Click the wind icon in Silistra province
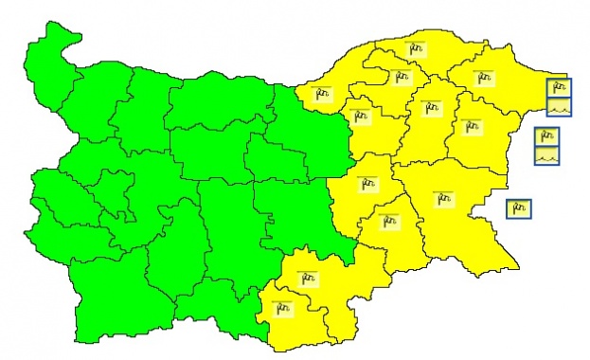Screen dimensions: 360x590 418,47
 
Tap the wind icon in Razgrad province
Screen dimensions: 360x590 401,77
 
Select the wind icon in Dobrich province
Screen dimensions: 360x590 484,77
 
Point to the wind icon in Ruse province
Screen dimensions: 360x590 322,93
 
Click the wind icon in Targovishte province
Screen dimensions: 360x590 359,116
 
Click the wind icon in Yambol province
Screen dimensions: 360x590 387,222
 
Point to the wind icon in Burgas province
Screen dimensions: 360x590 442,199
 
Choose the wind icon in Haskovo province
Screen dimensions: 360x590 306,279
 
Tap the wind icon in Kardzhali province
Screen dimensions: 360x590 281,306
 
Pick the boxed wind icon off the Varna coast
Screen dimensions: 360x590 546,136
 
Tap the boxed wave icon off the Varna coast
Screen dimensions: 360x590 546,155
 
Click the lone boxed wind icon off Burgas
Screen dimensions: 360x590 518,207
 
